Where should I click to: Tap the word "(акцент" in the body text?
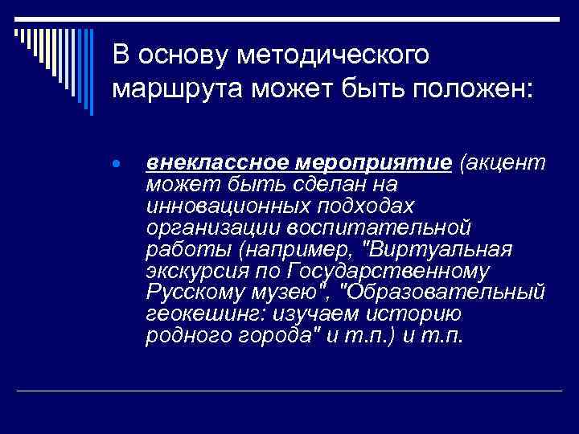[x=502, y=164]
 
